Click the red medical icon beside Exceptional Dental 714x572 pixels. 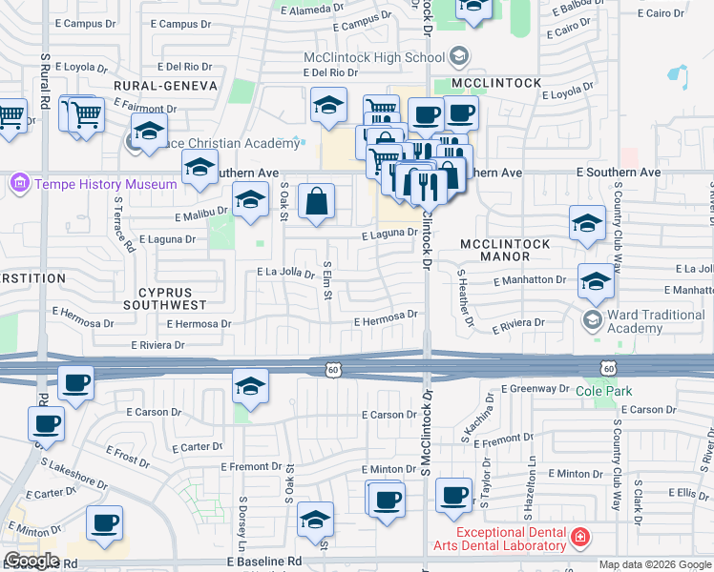click(578, 539)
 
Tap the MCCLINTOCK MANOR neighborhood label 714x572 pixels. click(505, 250)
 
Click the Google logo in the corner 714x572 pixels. click(31, 561)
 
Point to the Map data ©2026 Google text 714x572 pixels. click(654, 564)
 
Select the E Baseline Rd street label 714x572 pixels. click(264, 563)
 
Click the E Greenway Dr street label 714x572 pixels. click(535, 389)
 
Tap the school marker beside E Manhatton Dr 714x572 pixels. click(595, 281)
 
